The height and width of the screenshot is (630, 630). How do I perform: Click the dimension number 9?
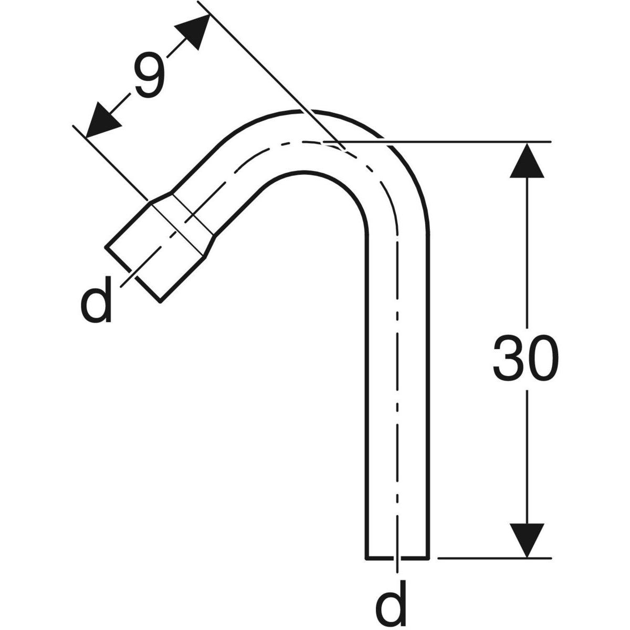(150, 75)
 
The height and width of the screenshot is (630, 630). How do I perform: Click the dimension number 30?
(526, 358)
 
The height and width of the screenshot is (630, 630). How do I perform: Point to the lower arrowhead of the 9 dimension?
(101, 121)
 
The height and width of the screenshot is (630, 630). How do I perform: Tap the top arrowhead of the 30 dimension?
(527, 161)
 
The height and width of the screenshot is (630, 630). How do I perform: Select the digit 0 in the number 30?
(542, 358)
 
